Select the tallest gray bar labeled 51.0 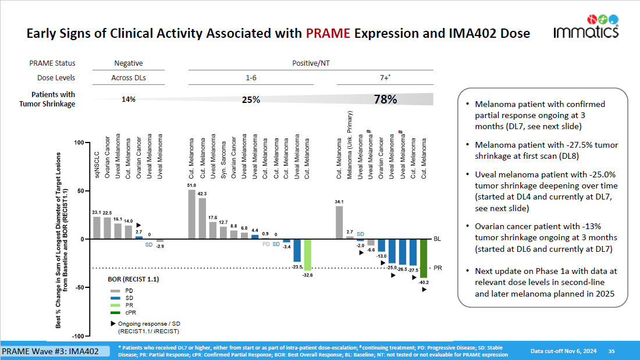coord(192,215)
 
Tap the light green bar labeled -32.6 coord(308,254)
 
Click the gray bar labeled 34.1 coord(339,223)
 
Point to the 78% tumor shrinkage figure coord(385,99)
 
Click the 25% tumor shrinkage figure coord(251,99)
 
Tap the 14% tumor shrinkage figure coord(128,99)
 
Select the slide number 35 coord(611,351)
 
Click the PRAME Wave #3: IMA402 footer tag coord(55,352)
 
